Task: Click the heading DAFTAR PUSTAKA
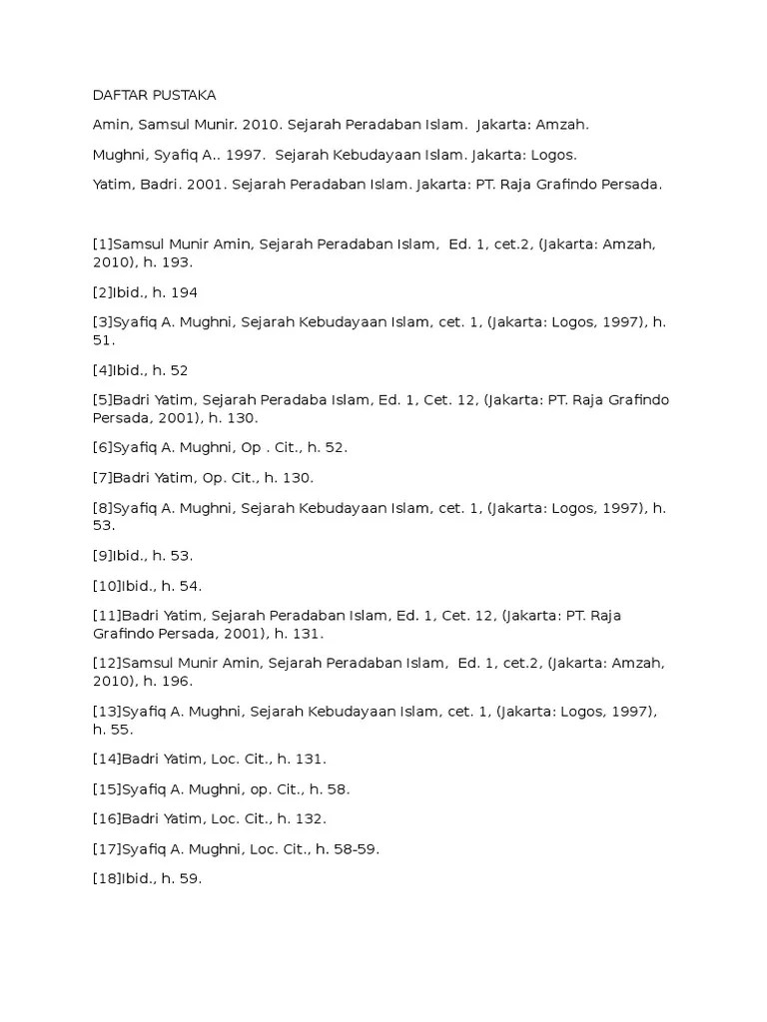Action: click(154, 95)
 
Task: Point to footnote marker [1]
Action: click(102, 244)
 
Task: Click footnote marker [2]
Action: click(102, 292)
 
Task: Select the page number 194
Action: click(185, 292)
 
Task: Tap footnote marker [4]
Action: click(102, 370)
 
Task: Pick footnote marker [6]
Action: click(102, 447)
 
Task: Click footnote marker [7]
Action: click(102, 477)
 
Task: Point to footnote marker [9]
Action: click(102, 555)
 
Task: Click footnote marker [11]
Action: click(106, 615)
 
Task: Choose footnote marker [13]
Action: click(106, 712)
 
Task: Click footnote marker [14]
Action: click(106, 760)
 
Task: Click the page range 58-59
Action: click(357, 848)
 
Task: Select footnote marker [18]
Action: click(106, 878)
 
